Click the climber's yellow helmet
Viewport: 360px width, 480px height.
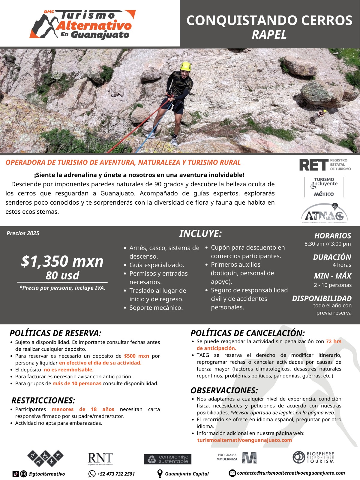point(186,66)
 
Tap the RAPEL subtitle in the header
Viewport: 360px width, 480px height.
point(269,34)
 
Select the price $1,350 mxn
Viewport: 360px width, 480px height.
point(62,261)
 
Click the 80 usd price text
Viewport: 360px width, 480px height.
point(62,275)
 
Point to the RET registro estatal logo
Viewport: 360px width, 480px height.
point(325,165)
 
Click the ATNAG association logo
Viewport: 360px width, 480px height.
point(324,214)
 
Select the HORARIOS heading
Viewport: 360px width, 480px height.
point(332,235)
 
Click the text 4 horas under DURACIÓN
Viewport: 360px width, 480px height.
point(342,265)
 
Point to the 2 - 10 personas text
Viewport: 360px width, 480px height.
point(333,285)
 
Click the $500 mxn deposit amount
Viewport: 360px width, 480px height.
point(136,356)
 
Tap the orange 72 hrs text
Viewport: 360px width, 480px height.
point(333,341)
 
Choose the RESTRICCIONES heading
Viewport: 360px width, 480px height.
point(43,400)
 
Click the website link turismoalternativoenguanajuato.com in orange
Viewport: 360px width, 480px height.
point(244,440)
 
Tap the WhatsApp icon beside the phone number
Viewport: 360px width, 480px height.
point(92,474)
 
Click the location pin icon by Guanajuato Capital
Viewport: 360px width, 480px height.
point(160,474)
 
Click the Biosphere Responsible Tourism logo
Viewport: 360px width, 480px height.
point(313,457)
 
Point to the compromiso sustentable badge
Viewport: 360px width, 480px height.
point(168,459)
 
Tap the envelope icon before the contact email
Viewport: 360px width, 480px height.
point(232,473)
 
